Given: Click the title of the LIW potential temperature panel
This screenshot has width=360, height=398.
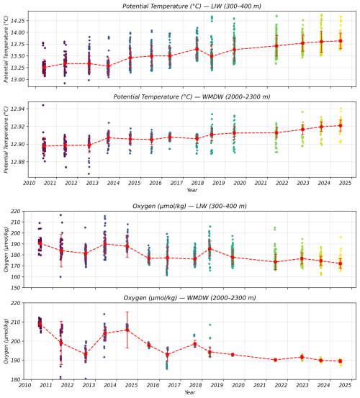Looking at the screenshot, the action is click(x=192, y=6).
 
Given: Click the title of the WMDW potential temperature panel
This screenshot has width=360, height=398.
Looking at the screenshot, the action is click(x=192, y=96).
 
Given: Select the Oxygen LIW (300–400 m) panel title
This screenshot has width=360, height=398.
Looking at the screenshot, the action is click(x=189, y=206).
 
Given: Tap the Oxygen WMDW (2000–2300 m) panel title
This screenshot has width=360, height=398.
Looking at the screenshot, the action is click(x=189, y=298).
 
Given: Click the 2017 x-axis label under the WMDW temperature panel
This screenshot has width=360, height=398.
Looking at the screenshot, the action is click(x=176, y=183).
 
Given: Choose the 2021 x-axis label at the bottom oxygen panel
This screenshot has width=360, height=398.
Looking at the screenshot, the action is click(x=260, y=385).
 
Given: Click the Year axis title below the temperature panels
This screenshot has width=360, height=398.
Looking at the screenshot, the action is click(x=192, y=190).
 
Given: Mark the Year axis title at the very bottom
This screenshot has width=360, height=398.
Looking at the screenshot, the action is click(x=189, y=392).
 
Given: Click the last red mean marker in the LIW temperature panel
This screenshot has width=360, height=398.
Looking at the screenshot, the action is click(x=341, y=41).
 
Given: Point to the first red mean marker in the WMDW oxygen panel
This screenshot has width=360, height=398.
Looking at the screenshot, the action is click(x=40, y=324).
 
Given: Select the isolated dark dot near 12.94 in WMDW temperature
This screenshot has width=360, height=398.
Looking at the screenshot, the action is click(x=43, y=105).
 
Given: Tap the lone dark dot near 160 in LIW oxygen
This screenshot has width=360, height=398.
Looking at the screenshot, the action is click(x=60, y=277).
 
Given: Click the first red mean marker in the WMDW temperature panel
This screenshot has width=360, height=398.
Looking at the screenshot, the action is click(x=44, y=146).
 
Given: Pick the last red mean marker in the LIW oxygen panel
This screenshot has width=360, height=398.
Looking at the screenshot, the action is click(x=341, y=263).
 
